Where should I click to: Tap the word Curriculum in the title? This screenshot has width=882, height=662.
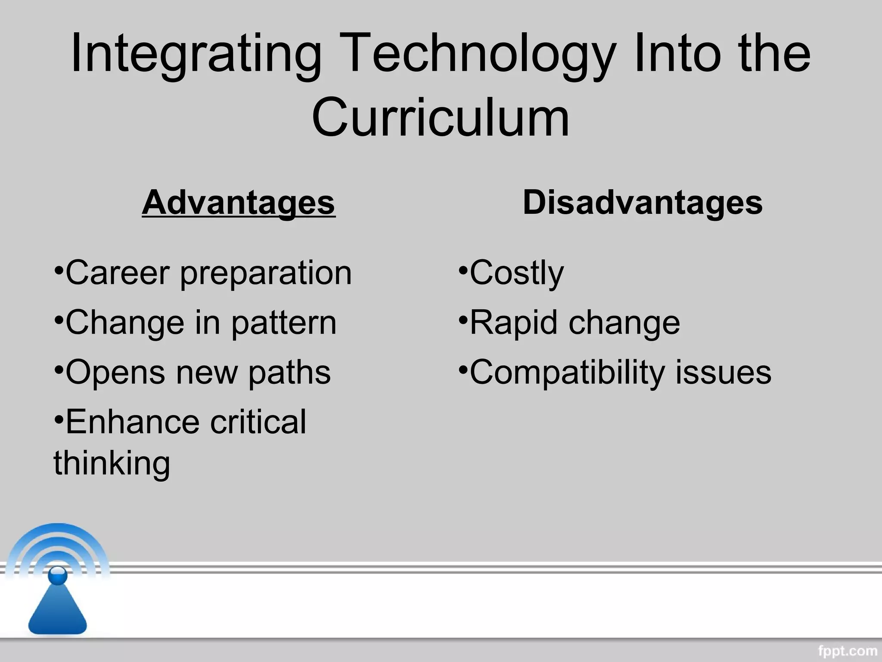441,118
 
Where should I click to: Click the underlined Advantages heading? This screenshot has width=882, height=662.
239,203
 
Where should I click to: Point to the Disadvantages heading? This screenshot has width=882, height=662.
643,203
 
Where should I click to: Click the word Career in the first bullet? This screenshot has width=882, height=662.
117,273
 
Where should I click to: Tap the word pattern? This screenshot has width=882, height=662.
284,323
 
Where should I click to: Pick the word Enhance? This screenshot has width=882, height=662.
132,422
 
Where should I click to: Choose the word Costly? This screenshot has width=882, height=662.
516,274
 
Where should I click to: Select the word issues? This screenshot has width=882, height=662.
723,372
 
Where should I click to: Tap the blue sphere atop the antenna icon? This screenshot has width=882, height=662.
58,575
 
